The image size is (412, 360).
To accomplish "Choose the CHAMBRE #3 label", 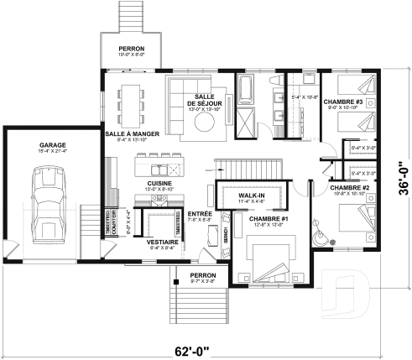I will click(346, 102).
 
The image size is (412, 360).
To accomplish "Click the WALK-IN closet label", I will click(252, 196).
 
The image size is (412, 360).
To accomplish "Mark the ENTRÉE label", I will click(200, 214).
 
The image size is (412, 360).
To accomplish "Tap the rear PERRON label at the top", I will click(131, 49).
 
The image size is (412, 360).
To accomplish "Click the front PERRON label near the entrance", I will click(202, 275).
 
